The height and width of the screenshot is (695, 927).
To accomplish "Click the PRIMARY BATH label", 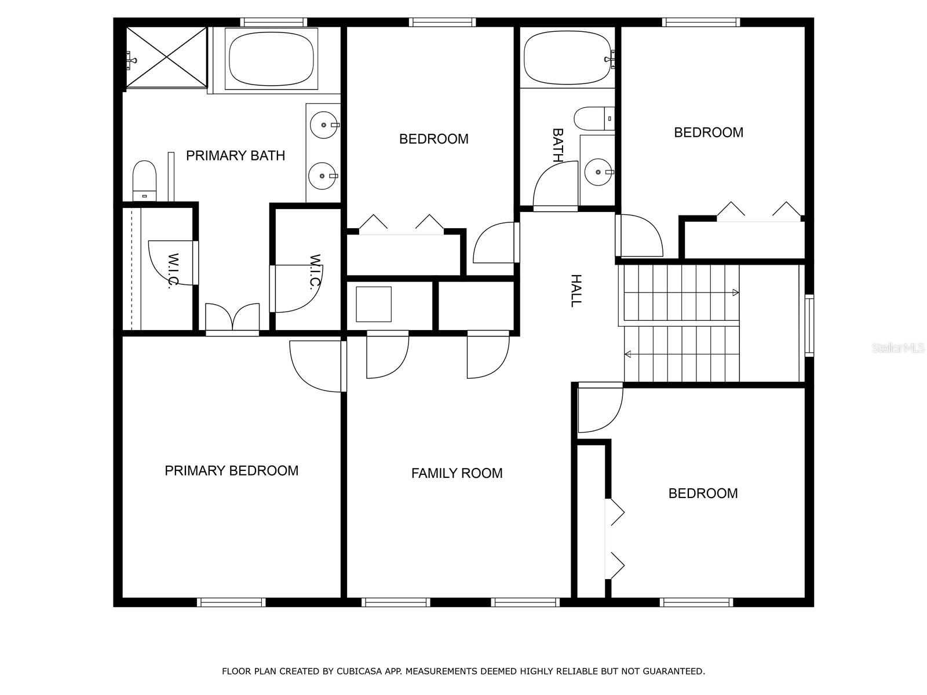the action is pyautogui.click(x=235, y=156).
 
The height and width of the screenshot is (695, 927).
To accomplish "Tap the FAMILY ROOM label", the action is pyautogui.click(x=457, y=473).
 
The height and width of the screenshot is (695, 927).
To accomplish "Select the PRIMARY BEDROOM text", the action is pyautogui.click(x=231, y=470).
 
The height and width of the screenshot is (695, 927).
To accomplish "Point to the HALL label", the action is pyautogui.click(x=576, y=291).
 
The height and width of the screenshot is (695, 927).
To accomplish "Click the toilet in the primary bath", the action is pyautogui.click(x=144, y=181).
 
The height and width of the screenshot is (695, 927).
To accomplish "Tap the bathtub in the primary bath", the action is pyautogui.click(x=271, y=58).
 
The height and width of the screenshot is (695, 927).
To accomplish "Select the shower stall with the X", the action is pyautogui.click(x=167, y=58).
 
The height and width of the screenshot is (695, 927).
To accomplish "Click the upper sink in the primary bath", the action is pyautogui.click(x=324, y=125).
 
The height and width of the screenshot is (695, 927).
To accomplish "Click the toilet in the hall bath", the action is pyautogui.click(x=594, y=119).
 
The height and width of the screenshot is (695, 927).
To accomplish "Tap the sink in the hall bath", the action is pyautogui.click(x=598, y=172).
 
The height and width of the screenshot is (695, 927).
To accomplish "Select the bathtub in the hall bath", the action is pyautogui.click(x=567, y=58).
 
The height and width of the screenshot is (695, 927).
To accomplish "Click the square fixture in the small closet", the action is pyautogui.click(x=373, y=304).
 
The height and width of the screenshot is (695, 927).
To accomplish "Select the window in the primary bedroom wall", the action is pyautogui.click(x=231, y=602).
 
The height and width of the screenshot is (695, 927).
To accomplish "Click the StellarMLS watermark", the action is pyautogui.click(x=898, y=348).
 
